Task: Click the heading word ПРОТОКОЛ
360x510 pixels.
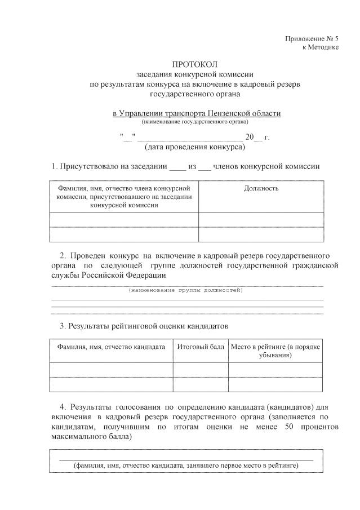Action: click(194, 65)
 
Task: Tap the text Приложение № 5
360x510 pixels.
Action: click(312, 38)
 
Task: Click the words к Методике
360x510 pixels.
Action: click(321, 47)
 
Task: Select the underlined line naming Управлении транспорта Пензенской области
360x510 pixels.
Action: click(197, 113)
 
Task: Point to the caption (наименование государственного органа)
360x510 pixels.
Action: click(194, 121)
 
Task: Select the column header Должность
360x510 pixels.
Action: click(261, 188)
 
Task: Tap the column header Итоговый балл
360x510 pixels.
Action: click(201, 346)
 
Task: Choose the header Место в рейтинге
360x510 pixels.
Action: click(275, 351)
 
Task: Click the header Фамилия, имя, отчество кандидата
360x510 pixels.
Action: click(111, 346)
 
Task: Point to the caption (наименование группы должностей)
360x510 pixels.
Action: click(186, 290)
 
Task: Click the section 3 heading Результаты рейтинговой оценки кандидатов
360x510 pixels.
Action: click(144, 326)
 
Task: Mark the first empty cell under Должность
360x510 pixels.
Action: click(261, 220)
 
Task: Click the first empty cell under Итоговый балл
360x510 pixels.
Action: click(201, 370)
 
